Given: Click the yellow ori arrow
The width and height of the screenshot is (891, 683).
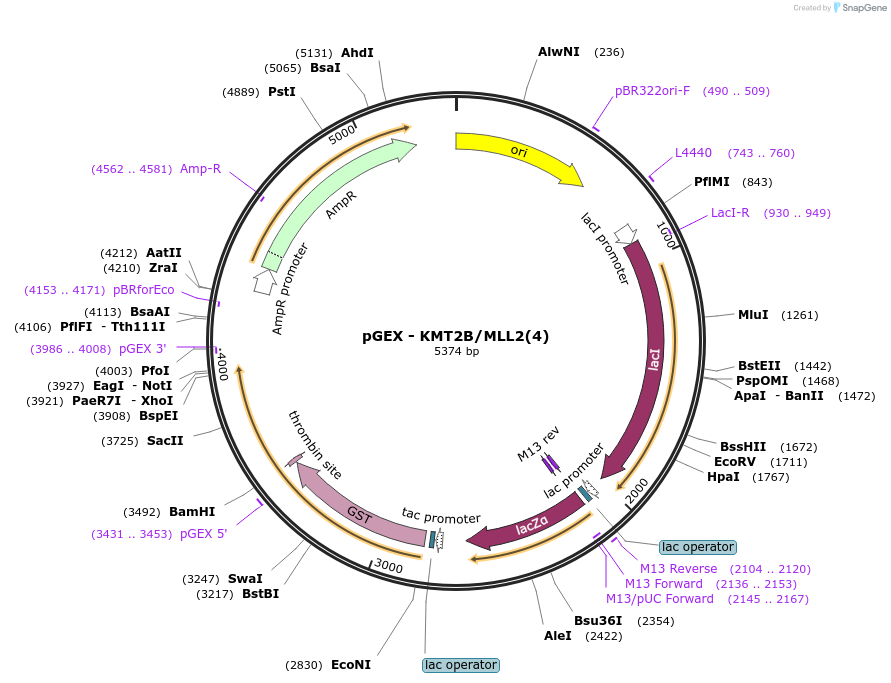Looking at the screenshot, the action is tap(517, 152).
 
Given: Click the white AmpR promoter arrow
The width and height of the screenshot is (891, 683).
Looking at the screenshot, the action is tap(263, 281).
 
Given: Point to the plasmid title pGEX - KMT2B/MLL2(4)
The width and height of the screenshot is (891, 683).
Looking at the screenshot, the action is tap(456, 336).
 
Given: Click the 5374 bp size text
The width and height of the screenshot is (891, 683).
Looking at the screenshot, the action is tap(456, 351).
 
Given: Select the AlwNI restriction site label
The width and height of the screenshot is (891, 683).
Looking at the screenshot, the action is tap(559, 52).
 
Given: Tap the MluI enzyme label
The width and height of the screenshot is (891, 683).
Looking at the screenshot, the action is tap(753, 315).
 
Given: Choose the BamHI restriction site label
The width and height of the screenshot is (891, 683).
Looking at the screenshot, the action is tap(192, 511).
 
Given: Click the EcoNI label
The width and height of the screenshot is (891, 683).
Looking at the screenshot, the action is tap(351, 665).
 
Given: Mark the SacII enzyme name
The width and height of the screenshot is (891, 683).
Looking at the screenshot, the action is tap(165, 441).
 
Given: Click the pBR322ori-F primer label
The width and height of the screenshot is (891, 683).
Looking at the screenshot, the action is tap(652, 91).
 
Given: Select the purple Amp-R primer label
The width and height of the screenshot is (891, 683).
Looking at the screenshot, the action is tap(201, 169).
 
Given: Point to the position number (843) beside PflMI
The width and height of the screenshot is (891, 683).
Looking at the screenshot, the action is tap(757, 182).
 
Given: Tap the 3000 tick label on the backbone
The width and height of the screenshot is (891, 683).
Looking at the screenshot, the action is tap(389, 566).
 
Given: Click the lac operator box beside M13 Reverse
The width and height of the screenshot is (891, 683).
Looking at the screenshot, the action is tap(698, 547).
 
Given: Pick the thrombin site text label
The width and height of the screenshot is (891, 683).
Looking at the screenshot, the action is tap(315, 445).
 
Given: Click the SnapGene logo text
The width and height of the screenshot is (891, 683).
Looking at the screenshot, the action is tap(864, 7).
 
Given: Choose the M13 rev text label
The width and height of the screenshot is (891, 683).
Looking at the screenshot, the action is tap(538, 444).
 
